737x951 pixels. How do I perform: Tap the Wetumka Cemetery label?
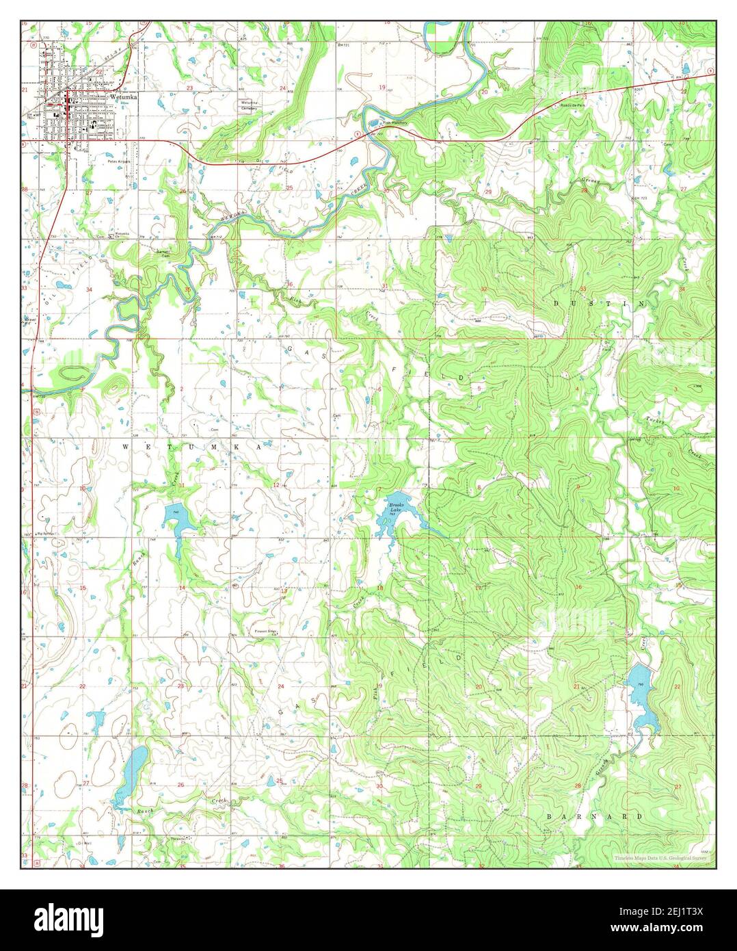pos(248,105)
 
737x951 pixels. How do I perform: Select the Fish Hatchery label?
pos(394,123)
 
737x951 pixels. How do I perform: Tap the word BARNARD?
pos(594,816)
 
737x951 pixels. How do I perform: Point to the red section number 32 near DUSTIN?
pos(484,289)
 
